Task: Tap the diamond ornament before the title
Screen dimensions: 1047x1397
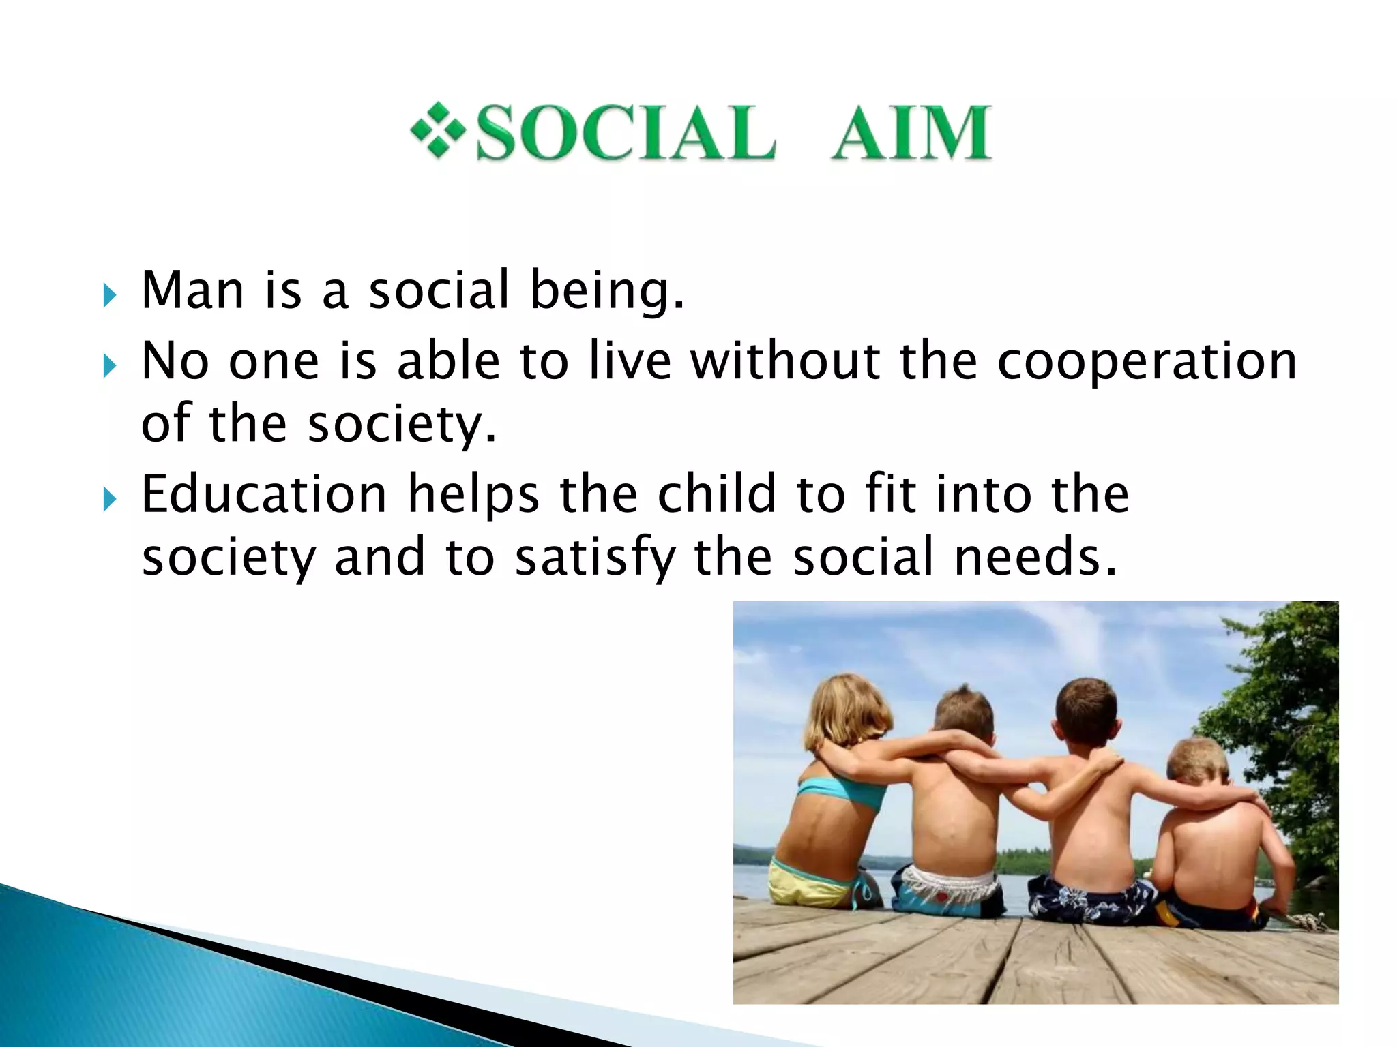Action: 437,130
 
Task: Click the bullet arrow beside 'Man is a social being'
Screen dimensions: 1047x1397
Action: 108,295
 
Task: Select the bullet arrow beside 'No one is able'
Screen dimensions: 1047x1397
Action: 108,366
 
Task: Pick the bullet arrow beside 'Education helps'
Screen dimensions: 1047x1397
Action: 108,500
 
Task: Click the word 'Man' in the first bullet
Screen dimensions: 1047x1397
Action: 192,291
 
